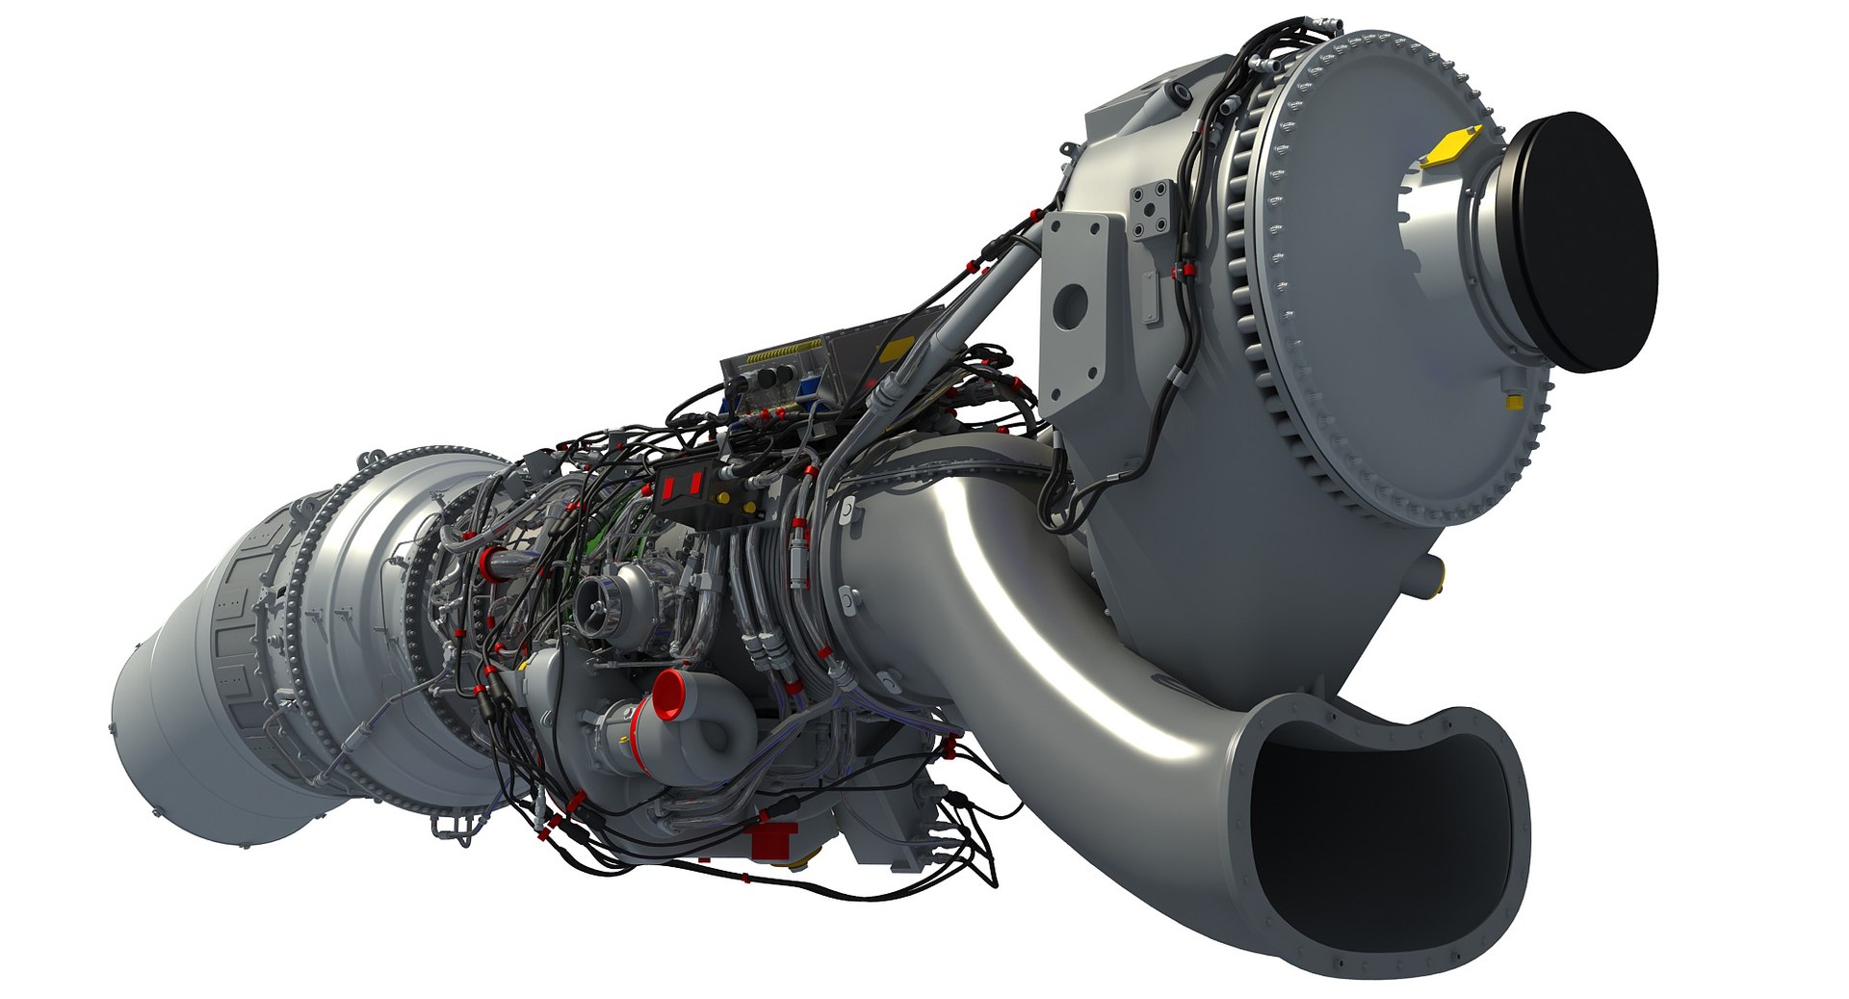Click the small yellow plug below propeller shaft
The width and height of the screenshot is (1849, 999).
click(1513, 398)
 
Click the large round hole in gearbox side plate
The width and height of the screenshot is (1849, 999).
click(1070, 306)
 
